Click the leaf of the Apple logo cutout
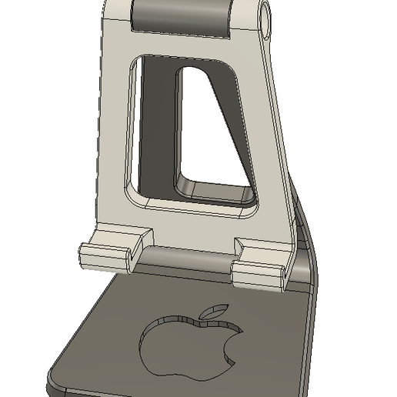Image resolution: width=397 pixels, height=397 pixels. click(x=212, y=312)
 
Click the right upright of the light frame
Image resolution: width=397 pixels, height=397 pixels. click(x=269, y=138)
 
